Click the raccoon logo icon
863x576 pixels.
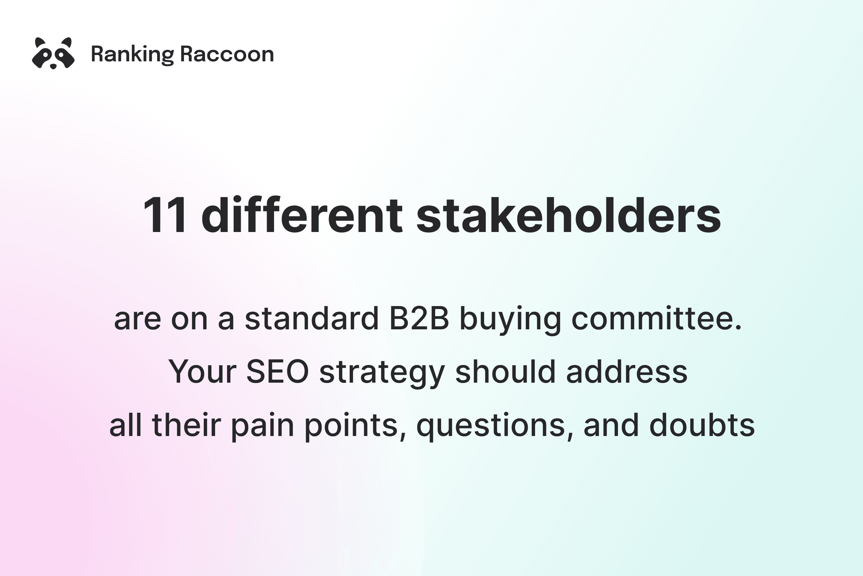click(53, 54)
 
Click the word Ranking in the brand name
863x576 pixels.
click(133, 55)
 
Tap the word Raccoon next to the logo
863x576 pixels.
click(227, 54)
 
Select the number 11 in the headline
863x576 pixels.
click(165, 215)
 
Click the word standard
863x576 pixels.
click(312, 318)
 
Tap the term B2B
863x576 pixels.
click(419, 318)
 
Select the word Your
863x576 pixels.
click(202, 372)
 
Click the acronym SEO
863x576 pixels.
click(277, 372)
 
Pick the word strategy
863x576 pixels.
click(382, 374)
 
